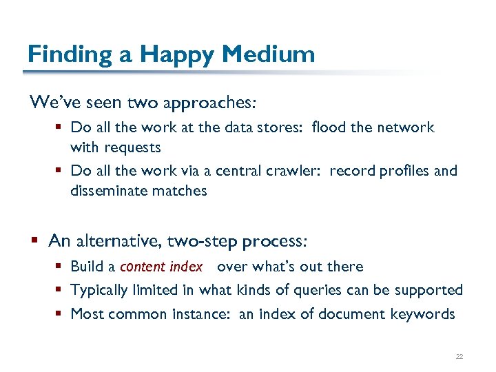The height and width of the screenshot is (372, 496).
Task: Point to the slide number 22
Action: (459, 356)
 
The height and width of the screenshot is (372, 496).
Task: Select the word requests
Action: (132, 147)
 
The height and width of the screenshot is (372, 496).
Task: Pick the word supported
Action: (428, 291)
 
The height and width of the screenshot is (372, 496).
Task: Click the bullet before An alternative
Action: (35, 241)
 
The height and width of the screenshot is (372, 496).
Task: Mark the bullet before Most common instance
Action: (60, 314)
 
